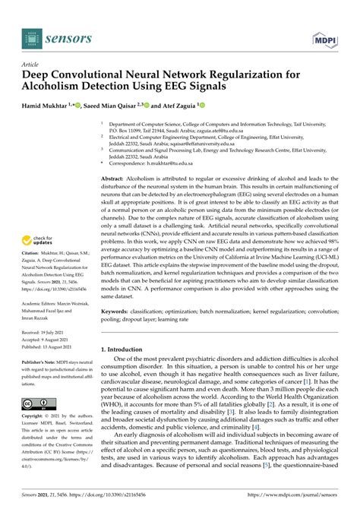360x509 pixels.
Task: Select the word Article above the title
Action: (32, 66)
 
